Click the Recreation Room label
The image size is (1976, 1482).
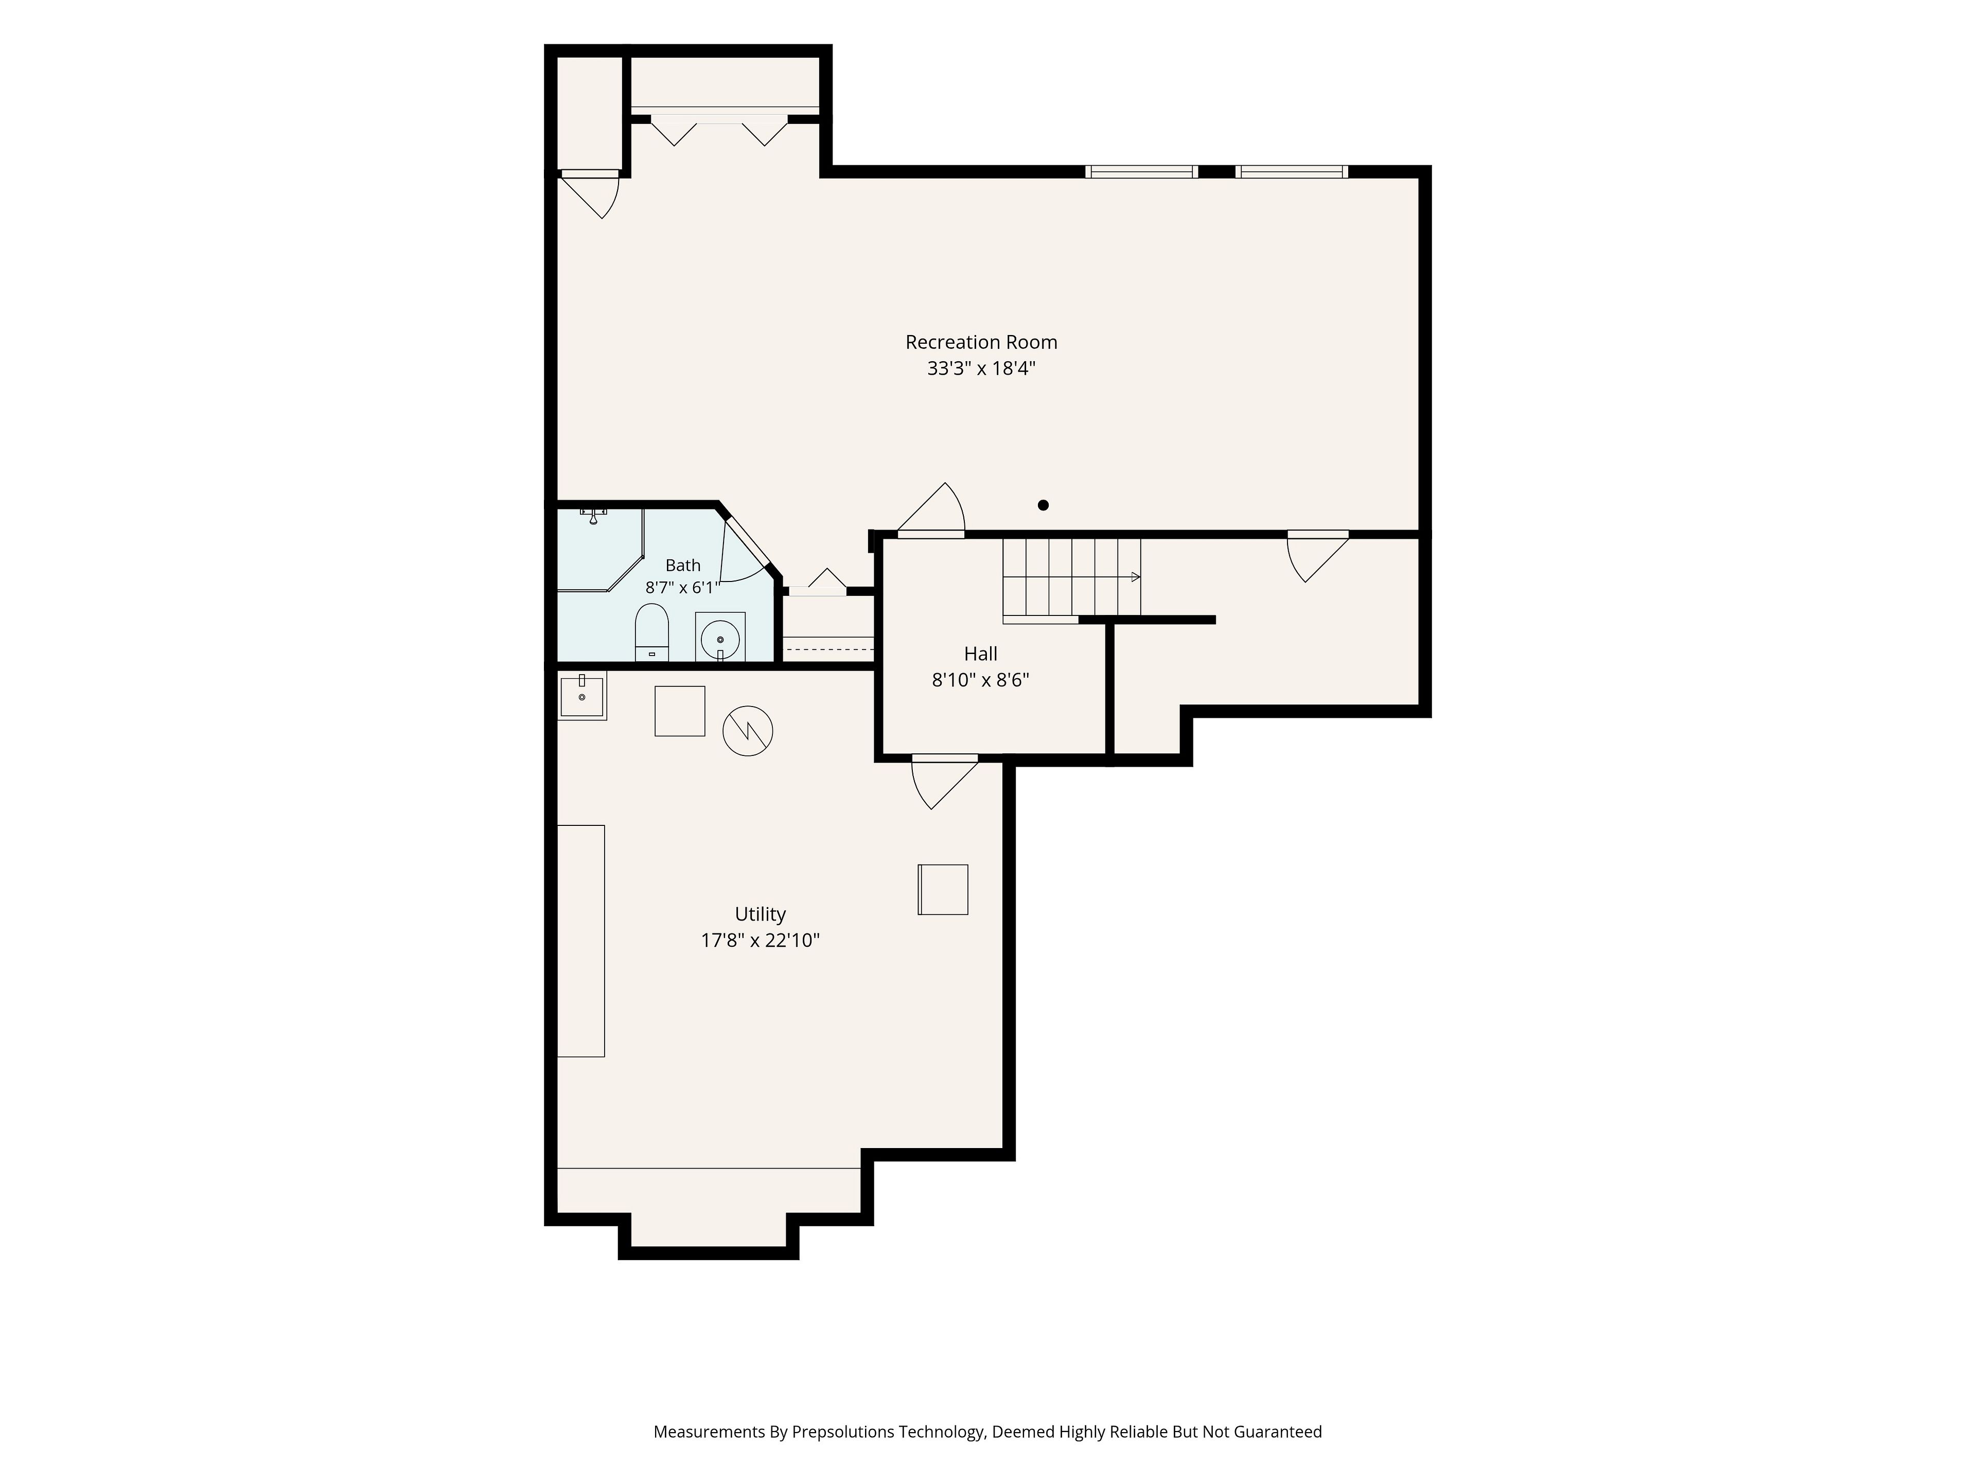981,342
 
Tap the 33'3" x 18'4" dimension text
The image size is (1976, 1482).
981,368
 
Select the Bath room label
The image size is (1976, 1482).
682,566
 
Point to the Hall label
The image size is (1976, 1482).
981,654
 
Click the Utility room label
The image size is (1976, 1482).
760,914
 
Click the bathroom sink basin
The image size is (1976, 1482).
720,638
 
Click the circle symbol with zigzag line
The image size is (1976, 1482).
748,732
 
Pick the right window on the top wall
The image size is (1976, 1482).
1292,171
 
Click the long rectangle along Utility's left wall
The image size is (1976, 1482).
580,941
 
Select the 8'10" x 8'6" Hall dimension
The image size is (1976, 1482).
981,680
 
